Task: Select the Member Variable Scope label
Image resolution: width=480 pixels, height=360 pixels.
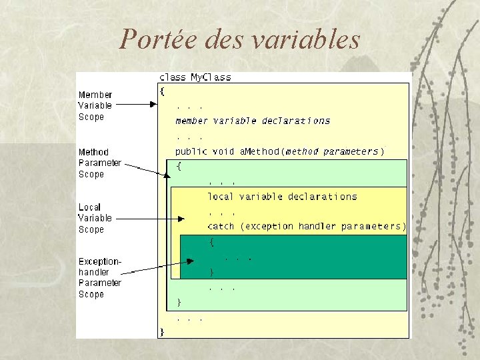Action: tap(95, 106)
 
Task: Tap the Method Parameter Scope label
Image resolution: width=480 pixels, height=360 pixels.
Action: tap(100, 163)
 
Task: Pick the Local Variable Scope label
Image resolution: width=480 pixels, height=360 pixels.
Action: tap(95, 218)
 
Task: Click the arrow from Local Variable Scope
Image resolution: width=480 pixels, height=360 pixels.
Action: tap(153, 218)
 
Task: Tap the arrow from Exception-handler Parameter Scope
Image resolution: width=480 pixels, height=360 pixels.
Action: tap(160, 267)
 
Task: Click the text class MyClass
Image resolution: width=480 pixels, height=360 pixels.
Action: tap(195, 77)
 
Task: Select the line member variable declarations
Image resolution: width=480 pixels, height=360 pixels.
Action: tap(253, 121)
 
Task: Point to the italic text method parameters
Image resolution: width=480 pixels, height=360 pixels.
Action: tap(331, 151)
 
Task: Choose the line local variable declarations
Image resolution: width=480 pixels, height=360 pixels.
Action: tap(282, 197)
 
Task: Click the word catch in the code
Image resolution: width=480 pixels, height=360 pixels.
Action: tap(221, 227)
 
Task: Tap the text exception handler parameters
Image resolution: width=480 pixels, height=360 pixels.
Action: tap(323, 227)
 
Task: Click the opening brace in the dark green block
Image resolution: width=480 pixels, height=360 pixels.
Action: tap(212, 243)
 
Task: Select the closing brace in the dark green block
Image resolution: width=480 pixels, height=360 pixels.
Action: tap(212, 271)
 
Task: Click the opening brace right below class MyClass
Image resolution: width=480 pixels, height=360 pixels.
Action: tap(162, 91)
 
